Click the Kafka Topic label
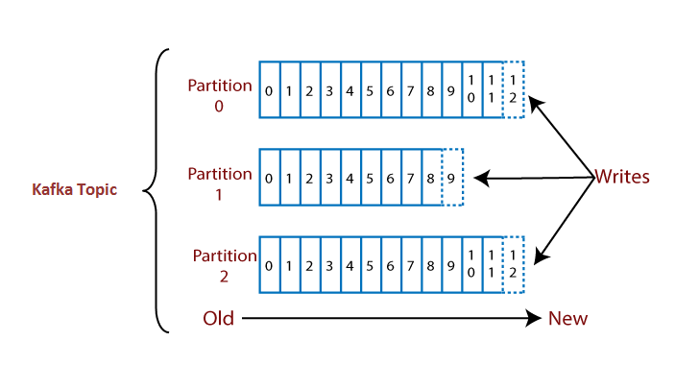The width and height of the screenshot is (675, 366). pyautogui.click(x=74, y=190)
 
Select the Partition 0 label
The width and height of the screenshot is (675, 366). pyautogui.click(x=220, y=94)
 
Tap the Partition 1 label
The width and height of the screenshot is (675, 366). pyautogui.click(x=220, y=183)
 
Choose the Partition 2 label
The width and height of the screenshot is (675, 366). pyautogui.click(x=224, y=266)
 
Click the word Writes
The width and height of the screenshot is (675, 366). pyautogui.click(x=622, y=177)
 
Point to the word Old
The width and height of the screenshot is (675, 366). pyautogui.click(x=219, y=318)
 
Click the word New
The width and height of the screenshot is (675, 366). pyautogui.click(x=567, y=318)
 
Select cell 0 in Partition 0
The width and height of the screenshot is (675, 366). pyautogui.click(x=269, y=90)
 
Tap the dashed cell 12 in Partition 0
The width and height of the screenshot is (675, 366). pyautogui.click(x=514, y=90)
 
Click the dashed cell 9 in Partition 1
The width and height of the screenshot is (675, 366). pyautogui.click(x=452, y=178)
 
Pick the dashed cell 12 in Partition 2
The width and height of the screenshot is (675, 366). pyautogui.click(x=514, y=264)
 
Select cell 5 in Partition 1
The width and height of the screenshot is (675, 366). pyautogui.click(x=371, y=178)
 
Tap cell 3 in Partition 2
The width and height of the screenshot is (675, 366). pyautogui.click(x=330, y=264)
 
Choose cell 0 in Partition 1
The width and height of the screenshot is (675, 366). pyautogui.click(x=269, y=178)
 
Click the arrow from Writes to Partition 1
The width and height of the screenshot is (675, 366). pyautogui.click(x=533, y=178)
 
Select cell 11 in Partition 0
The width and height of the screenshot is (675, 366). pyautogui.click(x=493, y=90)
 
